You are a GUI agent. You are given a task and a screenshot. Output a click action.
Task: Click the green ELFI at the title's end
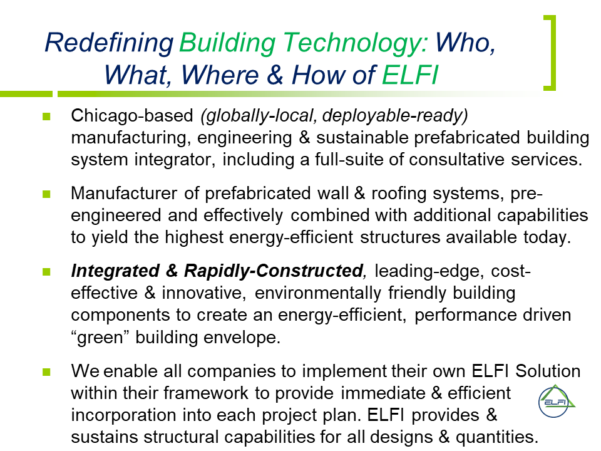[410, 75]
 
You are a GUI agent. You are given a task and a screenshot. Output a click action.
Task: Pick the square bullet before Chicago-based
[46, 117]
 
